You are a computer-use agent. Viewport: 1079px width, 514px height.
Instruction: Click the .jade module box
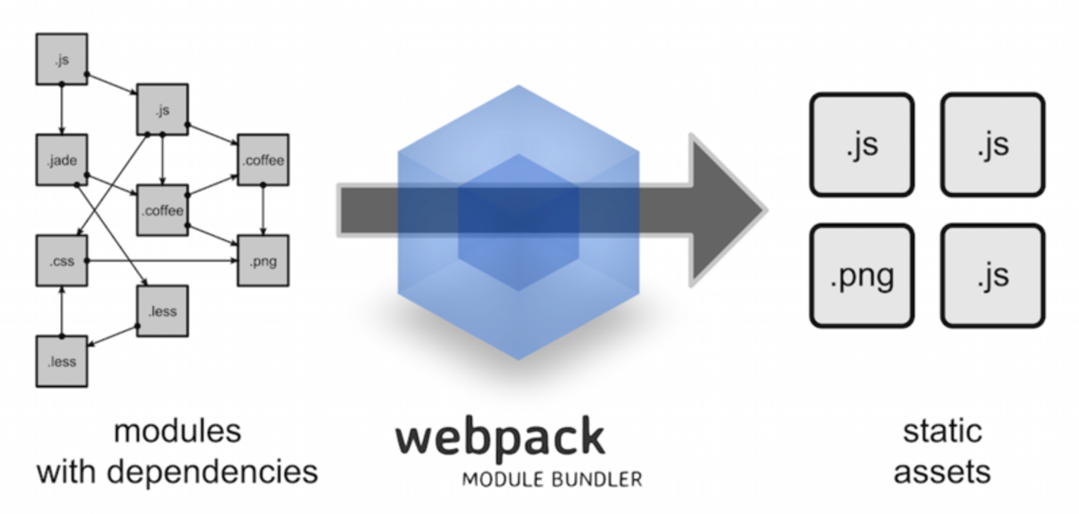pyautogui.click(x=62, y=160)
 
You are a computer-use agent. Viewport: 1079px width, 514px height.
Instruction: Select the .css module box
pyautogui.click(x=62, y=262)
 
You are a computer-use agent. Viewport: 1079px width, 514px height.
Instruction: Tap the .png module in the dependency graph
pyautogui.click(x=263, y=262)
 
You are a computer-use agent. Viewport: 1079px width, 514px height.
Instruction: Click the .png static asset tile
pyautogui.click(x=862, y=275)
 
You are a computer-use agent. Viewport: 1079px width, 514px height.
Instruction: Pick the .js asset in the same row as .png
pyautogui.click(x=993, y=275)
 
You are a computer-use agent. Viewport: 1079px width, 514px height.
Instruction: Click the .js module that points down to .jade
pyautogui.click(x=62, y=59)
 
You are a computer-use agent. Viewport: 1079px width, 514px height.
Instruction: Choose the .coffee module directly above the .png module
pyautogui.click(x=263, y=160)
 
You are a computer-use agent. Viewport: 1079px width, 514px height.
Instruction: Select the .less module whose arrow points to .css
pyautogui.click(x=62, y=362)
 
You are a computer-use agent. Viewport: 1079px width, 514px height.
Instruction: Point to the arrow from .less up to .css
pyautogui.click(x=62, y=311)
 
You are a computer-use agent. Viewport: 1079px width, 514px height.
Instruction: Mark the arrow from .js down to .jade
pyautogui.click(x=62, y=110)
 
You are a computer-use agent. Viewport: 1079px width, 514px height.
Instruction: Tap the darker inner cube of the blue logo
pyautogui.click(x=519, y=220)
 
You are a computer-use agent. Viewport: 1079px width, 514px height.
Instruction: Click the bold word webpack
pyautogui.click(x=500, y=438)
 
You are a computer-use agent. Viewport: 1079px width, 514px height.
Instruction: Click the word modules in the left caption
pyautogui.click(x=178, y=432)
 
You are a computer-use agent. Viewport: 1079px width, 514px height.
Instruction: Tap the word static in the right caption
pyautogui.click(x=942, y=432)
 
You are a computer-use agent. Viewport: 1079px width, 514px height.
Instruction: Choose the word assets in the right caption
pyautogui.click(x=942, y=472)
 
